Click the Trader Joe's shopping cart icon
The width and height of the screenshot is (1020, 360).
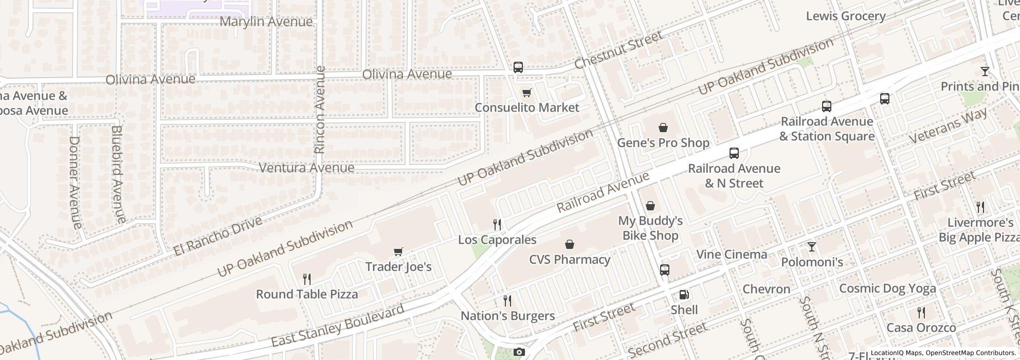pyautogui.click(x=398, y=251)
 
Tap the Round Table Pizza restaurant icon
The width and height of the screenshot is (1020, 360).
pyautogui.click(x=307, y=279)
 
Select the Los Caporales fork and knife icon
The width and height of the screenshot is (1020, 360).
pyautogui.click(x=497, y=224)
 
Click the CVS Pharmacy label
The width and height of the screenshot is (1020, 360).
pyautogui.click(x=570, y=259)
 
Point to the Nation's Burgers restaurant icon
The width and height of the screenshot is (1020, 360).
pyautogui.click(x=507, y=300)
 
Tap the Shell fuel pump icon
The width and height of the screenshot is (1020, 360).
pyautogui.click(x=684, y=295)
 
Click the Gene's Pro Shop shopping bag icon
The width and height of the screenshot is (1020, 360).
pyautogui.click(x=663, y=128)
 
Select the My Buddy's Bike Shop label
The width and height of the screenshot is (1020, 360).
pyautogui.click(x=650, y=228)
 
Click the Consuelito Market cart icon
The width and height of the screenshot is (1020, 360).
pyautogui.click(x=526, y=93)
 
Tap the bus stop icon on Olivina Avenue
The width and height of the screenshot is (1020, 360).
pyautogui.click(x=518, y=67)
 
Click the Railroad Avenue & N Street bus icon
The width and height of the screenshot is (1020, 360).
pyautogui.click(x=734, y=153)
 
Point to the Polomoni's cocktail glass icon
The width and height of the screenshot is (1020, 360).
pyautogui.click(x=812, y=247)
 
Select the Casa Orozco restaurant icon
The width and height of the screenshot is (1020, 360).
pyautogui.click(x=921, y=312)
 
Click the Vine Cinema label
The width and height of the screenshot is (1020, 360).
pyautogui.click(x=732, y=254)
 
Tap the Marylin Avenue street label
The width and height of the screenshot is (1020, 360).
pyautogui.click(x=266, y=22)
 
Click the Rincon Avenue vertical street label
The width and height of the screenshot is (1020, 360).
pyautogui.click(x=320, y=110)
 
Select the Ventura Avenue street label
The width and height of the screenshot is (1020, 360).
pyautogui.click(x=306, y=168)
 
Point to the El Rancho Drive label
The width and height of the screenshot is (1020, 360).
pyautogui.click(x=218, y=236)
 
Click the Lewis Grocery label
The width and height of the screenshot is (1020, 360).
pyautogui.click(x=846, y=16)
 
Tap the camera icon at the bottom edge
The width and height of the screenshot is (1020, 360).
pyautogui.click(x=519, y=352)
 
